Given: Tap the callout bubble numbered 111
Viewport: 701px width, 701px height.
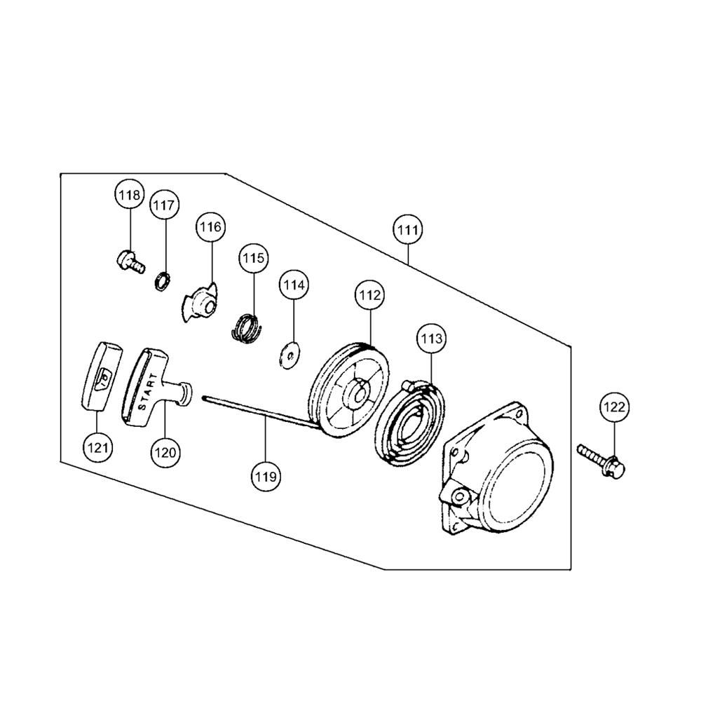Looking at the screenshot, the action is (408, 230).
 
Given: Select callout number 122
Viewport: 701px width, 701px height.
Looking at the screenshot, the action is (614, 407).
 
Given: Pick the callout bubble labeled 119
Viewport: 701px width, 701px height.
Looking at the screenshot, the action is (266, 477).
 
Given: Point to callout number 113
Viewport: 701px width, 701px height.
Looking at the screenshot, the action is (431, 339).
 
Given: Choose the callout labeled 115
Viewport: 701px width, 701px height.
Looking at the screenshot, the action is (254, 258).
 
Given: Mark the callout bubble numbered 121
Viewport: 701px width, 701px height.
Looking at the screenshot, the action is (97, 447).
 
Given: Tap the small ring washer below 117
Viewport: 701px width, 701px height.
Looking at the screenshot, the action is (163, 282).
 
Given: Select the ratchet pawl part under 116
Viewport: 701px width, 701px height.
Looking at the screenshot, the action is (200, 301).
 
